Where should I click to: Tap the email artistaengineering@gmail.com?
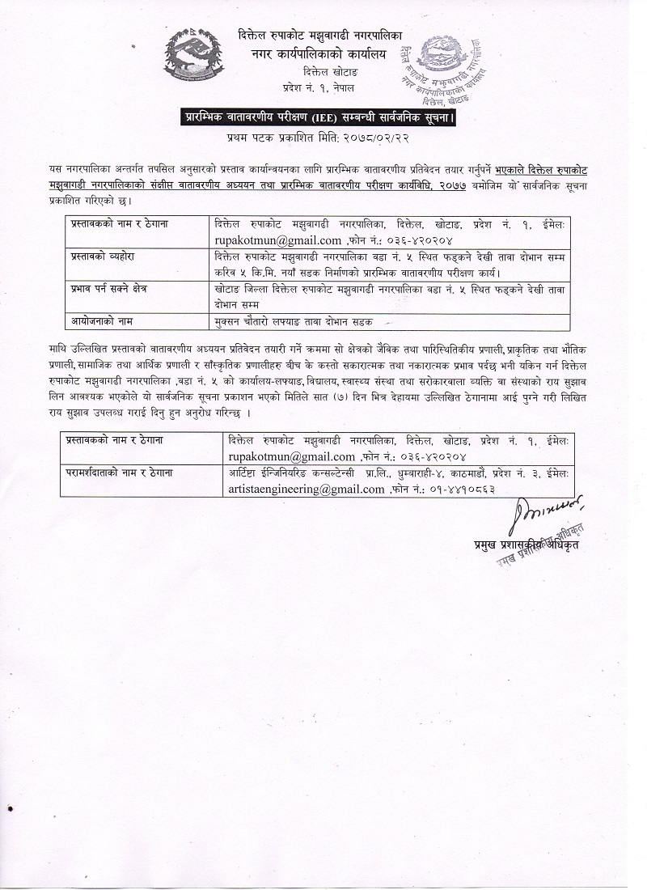click(x=307, y=489)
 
